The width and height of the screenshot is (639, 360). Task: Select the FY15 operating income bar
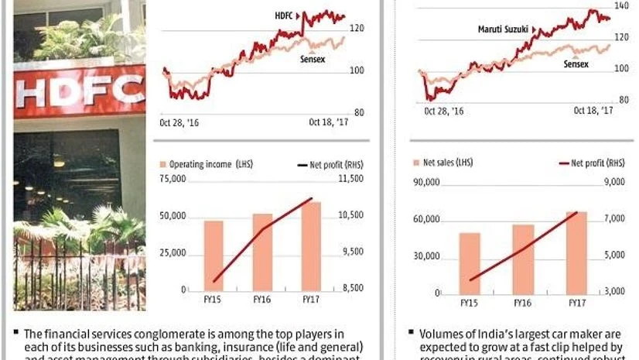click(x=214, y=255)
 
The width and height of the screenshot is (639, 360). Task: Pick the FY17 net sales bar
click(x=576, y=252)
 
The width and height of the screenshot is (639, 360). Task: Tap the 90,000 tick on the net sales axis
click(x=427, y=183)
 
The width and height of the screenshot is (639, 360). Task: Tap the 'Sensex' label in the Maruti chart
click(x=575, y=64)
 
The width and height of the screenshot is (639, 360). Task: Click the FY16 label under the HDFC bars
click(x=262, y=297)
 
